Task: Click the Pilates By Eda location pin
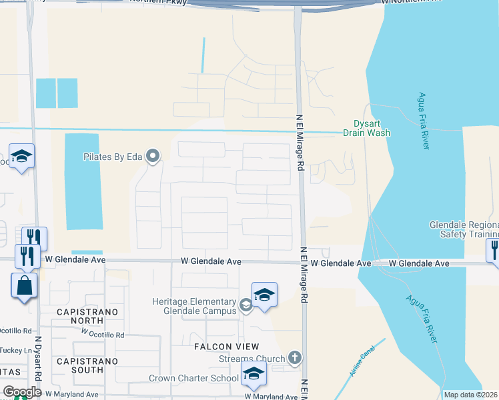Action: click(x=153, y=157)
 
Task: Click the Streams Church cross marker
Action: click(x=295, y=359)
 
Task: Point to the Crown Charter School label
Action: click(x=193, y=379)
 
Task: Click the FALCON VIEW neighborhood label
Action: click(x=226, y=347)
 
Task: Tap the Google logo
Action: click(x=22, y=392)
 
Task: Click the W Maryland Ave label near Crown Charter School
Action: click(x=271, y=397)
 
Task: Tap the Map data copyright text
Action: click(x=470, y=395)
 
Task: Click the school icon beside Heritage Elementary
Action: click(x=264, y=295)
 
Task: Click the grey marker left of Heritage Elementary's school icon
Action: click(x=245, y=305)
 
